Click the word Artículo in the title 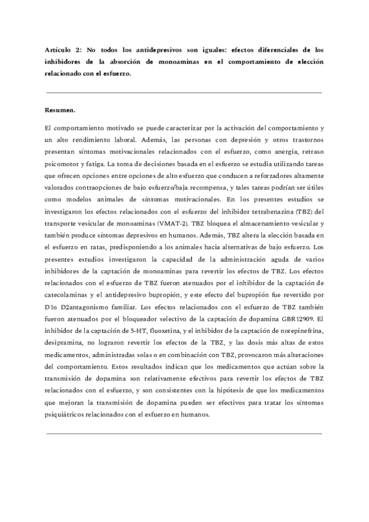point(58,49)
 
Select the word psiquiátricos point(69,415)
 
